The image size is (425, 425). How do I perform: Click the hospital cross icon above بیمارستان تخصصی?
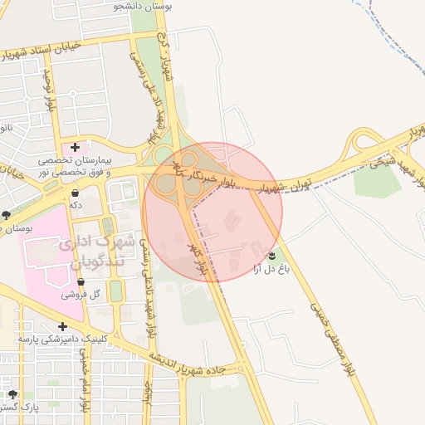pos(76,147)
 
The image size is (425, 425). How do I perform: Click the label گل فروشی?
pos(82,295)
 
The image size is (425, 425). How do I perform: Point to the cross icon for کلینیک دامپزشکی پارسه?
pos(62,326)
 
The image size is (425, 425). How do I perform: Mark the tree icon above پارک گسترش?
pos(12,394)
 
